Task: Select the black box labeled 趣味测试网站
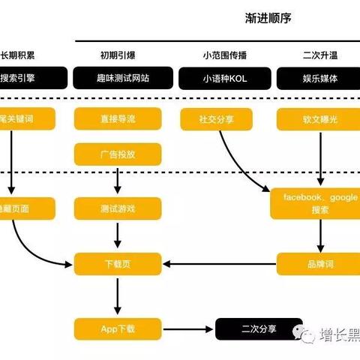click(x=118, y=78)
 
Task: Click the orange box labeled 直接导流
click(x=118, y=118)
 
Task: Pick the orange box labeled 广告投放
click(x=118, y=155)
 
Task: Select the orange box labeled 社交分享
click(x=215, y=118)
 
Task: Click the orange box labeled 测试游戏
click(x=118, y=208)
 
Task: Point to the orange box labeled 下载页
click(x=118, y=263)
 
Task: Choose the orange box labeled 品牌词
click(x=319, y=263)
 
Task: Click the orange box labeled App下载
click(x=118, y=328)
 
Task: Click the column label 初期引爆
click(x=118, y=55)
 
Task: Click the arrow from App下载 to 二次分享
click(x=188, y=328)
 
